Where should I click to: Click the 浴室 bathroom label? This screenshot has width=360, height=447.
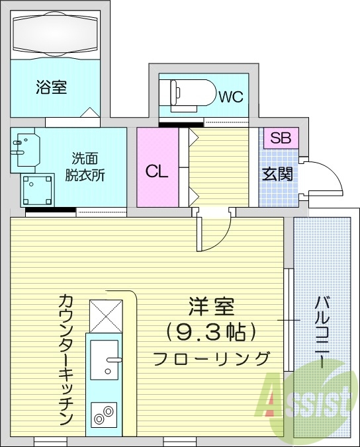point(51,87)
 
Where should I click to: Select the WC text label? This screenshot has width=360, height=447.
point(231,97)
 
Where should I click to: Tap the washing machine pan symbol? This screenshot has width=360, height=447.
point(38,190)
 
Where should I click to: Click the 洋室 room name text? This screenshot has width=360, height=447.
point(212,307)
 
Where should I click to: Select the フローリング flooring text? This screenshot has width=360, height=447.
point(212,358)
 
